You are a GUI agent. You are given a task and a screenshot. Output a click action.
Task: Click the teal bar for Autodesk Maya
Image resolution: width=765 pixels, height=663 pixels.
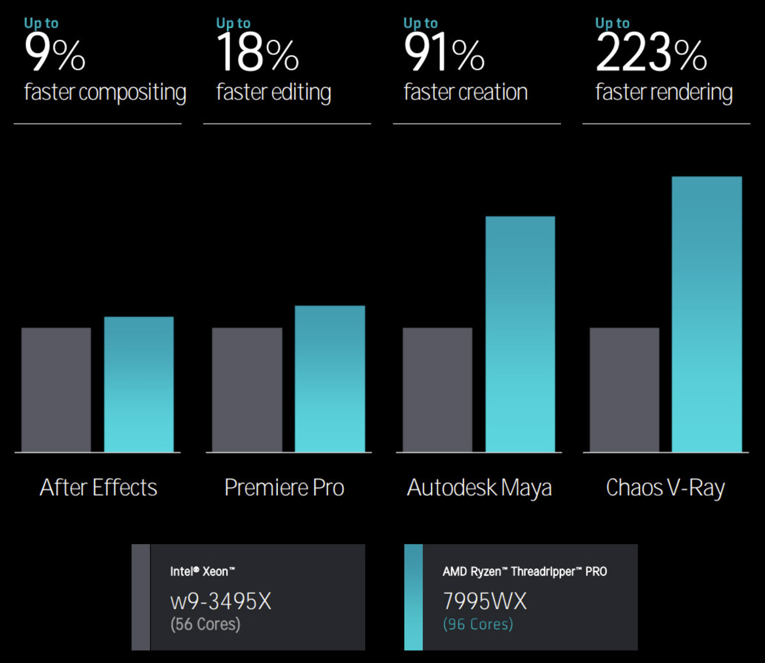click(520, 334)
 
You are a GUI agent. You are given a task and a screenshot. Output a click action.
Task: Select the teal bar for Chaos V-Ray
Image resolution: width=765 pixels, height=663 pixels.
click(707, 314)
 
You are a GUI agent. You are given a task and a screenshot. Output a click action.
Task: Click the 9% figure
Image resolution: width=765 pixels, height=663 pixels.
click(55, 55)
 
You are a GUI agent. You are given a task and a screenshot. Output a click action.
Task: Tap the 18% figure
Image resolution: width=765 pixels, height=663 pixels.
click(258, 55)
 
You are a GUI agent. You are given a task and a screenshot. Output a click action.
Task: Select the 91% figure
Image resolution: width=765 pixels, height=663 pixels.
click(445, 55)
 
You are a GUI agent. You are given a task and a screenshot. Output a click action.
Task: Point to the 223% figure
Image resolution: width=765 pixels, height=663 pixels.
click(651, 55)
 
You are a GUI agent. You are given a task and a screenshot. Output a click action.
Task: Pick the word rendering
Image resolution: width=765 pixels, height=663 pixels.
click(693, 93)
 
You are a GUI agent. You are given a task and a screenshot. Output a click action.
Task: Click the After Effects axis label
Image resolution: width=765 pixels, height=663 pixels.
click(99, 487)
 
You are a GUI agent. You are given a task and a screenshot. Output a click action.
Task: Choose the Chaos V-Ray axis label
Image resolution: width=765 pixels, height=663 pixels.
click(665, 487)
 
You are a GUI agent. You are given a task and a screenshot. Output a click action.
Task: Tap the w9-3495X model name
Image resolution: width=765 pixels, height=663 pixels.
click(220, 601)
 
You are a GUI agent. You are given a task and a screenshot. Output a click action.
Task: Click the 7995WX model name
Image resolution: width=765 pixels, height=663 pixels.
click(484, 601)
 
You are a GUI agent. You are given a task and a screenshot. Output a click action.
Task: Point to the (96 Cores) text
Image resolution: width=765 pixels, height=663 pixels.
click(478, 624)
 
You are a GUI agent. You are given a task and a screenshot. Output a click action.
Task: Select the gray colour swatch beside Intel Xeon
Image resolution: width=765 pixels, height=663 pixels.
click(141, 597)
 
